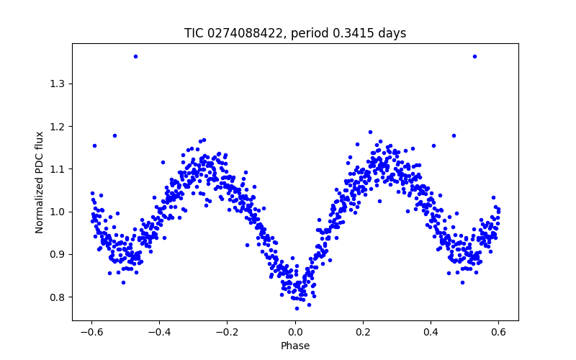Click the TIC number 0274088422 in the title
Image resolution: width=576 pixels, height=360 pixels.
245,33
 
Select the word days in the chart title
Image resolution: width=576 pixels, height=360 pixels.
392,33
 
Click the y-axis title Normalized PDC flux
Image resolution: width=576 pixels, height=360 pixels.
40,181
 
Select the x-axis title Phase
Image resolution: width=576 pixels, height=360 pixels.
295,346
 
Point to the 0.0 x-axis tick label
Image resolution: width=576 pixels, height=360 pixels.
295,332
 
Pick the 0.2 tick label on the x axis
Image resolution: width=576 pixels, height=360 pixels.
363,332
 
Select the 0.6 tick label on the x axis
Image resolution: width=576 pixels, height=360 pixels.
498,332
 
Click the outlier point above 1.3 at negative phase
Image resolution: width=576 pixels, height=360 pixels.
135,56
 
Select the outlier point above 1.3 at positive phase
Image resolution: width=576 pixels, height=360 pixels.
474,56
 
